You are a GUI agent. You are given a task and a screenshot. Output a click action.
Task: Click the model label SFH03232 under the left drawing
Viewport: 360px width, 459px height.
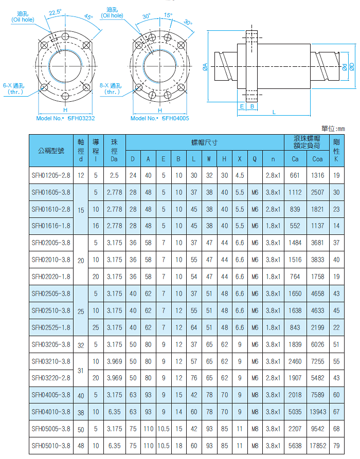(x=80, y=118)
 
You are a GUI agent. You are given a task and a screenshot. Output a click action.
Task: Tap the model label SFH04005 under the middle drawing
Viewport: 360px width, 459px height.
(x=175, y=118)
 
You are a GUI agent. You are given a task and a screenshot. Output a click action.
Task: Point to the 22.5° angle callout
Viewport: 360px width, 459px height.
(x=55, y=11)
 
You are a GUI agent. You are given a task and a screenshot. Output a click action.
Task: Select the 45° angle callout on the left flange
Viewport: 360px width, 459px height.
(x=88, y=17)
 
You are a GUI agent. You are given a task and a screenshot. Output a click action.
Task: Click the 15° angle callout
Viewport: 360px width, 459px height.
(x=169, y=15)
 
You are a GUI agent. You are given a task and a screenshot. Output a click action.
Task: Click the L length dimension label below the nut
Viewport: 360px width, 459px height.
(x=274, y=112)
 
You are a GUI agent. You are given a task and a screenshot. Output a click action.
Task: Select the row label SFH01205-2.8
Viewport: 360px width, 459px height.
(x=51, y=175)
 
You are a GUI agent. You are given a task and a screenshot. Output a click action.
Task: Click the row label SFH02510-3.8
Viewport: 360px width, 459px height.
(x=51, y=310)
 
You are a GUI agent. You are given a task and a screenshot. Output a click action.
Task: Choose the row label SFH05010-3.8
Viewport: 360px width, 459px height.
(x=51, y=446)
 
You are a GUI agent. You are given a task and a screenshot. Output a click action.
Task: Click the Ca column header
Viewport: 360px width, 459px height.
(x=295, y=159)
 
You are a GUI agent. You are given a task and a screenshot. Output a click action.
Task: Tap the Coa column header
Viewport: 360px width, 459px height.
(x=318, y=159)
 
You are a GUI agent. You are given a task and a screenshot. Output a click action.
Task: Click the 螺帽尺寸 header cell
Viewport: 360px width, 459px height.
(x=204, y=142)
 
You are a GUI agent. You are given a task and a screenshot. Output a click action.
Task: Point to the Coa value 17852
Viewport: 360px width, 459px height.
(x=318, y=446)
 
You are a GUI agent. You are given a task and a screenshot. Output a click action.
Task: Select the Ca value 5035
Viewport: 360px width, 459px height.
(x=295, y=412)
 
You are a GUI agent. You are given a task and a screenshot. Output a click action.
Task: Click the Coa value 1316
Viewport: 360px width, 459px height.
(x=318, y=175)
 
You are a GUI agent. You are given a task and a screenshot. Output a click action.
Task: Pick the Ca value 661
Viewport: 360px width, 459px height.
(x=295, y=175)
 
